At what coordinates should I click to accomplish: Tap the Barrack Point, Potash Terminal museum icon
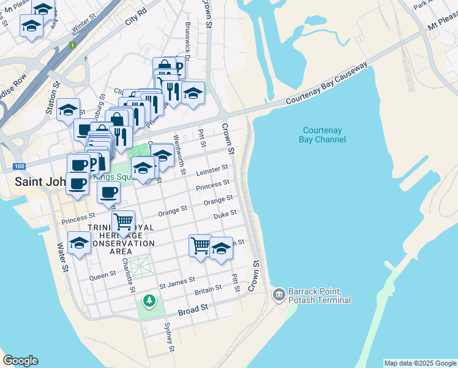click(x=279, y=295)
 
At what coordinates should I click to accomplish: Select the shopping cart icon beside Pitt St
click(x=200, y=245)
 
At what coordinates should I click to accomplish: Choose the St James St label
click(x=177, y=284)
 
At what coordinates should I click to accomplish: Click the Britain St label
click(x=208, y=289)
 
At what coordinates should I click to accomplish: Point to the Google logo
click(x=20, y=361)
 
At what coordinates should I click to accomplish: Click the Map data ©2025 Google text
click(x=420, y=363)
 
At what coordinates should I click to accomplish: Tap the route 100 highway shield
click(x=18, y=166)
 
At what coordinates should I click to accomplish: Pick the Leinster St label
click(x=212, y=170)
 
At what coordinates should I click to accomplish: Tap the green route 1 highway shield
click(x=72, y=45)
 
